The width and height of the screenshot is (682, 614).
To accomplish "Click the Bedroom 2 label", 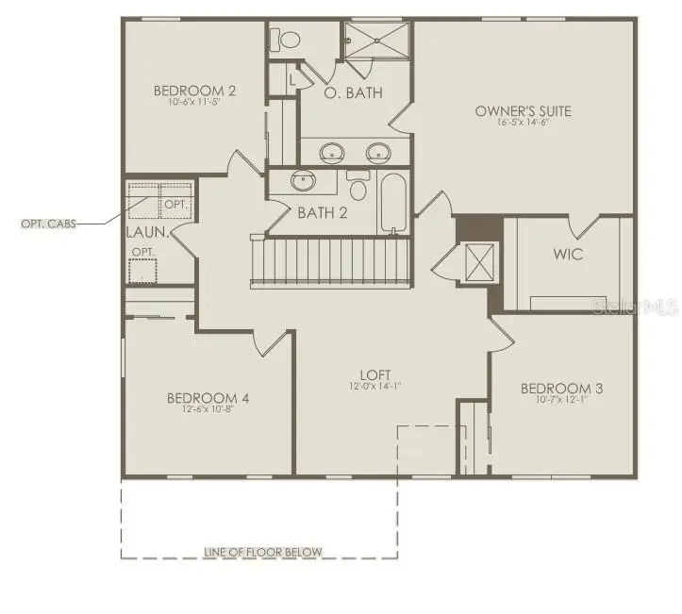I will tap(194, 91).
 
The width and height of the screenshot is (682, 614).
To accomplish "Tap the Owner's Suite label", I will tap(523, 111).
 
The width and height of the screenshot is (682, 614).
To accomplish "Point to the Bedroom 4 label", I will tap(208, 397).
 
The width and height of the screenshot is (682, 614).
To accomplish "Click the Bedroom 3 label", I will tap(561, 389).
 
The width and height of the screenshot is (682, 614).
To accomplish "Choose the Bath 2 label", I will tap(323, 212).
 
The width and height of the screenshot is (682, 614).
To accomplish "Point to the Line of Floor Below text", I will tap(263, 553).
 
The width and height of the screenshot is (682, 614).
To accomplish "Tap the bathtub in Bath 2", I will tap(393, 202).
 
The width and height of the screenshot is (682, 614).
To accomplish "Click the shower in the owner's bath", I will tap(375, 42).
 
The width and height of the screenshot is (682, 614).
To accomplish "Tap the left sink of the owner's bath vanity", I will tap(331, 151).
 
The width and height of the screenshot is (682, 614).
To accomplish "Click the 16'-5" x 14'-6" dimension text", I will tap(523, 124).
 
